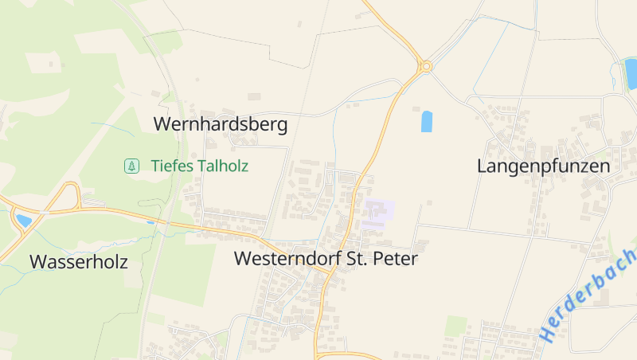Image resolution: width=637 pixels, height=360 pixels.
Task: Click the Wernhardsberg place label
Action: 221,124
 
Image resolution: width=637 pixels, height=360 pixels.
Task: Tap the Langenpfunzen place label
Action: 544,166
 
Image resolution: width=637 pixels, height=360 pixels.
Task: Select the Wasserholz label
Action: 78,261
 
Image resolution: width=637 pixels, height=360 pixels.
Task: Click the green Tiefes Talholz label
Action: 199,166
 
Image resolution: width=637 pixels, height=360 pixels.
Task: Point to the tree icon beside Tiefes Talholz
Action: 130,166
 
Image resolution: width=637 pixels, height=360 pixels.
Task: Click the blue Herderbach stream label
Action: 588,295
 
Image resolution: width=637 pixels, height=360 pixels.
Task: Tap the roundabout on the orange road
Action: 426,66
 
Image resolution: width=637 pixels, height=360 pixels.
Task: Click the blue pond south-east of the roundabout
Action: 427,121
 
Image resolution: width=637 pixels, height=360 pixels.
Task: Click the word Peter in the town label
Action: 396,259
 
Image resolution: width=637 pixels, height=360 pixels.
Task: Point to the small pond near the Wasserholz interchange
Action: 24,221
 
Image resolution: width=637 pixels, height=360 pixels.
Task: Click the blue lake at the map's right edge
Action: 631,74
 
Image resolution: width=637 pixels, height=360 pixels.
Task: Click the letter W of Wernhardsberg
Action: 162,124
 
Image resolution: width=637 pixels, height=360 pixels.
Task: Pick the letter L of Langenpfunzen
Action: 482,166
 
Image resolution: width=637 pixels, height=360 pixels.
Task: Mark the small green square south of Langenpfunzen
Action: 456,326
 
